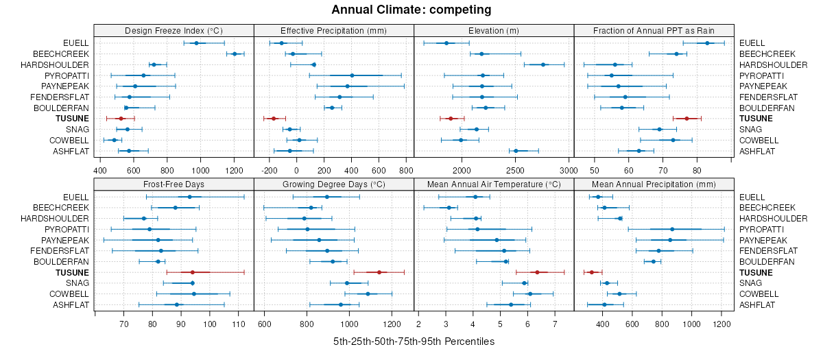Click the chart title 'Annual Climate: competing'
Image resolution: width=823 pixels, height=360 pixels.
pos(411,10)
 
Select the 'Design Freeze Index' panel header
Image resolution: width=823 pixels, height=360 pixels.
pos(174,30)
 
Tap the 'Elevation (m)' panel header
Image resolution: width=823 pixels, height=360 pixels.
pos(494,30)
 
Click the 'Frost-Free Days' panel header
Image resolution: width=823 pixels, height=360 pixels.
pos(174,184)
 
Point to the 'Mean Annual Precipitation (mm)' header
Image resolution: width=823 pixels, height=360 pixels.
pos(654,184)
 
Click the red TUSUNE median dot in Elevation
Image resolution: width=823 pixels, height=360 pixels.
pos(451,119)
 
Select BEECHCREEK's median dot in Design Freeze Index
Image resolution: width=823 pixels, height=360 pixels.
pos(235,53)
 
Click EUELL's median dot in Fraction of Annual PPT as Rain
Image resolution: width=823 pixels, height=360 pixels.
pos(707,43)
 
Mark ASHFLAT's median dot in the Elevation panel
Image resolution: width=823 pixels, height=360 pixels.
pos(516,151)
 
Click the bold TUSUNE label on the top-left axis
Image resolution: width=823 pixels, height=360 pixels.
pos(73,119)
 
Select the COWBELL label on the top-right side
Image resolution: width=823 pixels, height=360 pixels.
pos(757,140)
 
